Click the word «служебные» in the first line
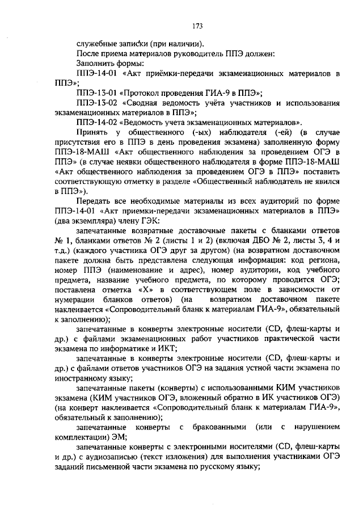[95, 44]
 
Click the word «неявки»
[112, 162]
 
